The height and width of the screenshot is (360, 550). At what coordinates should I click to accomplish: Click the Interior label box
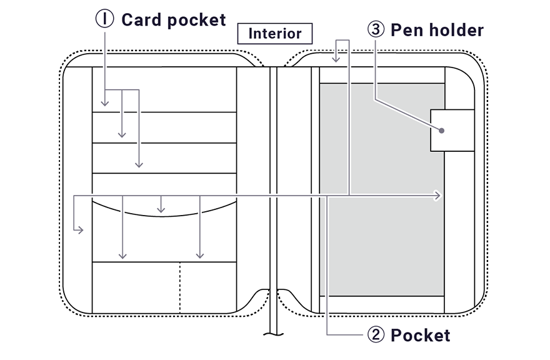pyautogui.click(x=274, y=34)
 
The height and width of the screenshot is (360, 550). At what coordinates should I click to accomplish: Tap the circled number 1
pyautogui.click(x=104, y=19)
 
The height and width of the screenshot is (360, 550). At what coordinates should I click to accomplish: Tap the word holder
pyautogui.click(x=456, y=30)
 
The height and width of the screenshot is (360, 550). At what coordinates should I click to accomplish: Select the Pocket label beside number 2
pyautogui.click(x=420, y=336)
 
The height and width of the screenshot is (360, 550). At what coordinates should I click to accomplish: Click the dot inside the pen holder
pyautogui.click(x=442, y=131)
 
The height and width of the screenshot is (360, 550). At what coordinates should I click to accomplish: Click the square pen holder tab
pyautogui.click(x=452, y=130)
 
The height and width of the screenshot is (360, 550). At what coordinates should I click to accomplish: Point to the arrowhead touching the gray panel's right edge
pyautogui.click(x=438, y=196)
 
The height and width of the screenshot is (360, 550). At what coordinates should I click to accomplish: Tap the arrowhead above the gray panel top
pyautogui.click(x=336, y=60)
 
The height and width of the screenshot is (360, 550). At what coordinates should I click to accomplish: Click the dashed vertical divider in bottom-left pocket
pyautogui.click(x=180, y=287)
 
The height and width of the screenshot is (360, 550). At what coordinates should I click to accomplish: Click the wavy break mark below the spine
pyautogui.click(x=273, y=334)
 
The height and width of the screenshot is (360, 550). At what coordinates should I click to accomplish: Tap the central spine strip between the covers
pyautogui.click(x=273, y=187)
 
